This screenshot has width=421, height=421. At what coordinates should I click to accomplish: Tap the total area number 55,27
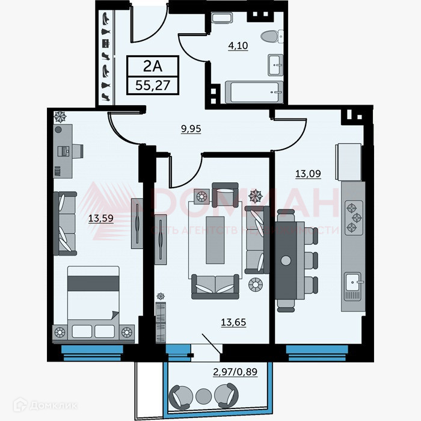(x=153, y=84)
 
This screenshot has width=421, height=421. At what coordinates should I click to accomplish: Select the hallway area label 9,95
(x=191, y=128)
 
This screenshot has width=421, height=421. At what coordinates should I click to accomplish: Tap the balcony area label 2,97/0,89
(x=235, y=371)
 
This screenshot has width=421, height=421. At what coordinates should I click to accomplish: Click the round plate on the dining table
(x=286, y=259)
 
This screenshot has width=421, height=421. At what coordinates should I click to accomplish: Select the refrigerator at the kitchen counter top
(x=349, y=162)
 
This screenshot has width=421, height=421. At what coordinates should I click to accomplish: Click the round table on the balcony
(x=203, y=395)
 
